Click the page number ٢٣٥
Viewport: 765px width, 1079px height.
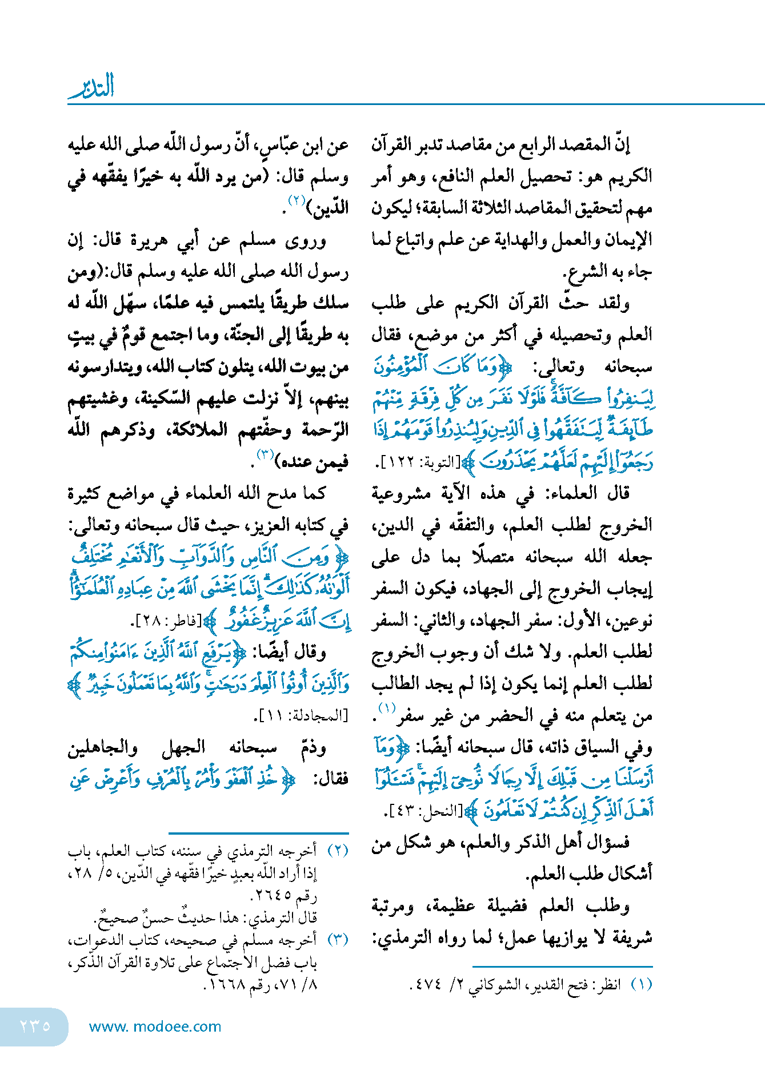click(x=35, y=1026)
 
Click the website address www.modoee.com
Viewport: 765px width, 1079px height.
click(x=155, y=1026)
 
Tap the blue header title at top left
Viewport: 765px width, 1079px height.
click(x=91, y=87)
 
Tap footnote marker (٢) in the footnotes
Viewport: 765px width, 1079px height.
click(x=337, y=850)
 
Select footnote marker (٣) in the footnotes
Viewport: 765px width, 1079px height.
click(x=337, y=939)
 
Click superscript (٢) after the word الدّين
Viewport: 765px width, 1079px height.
click(x=297, y=201)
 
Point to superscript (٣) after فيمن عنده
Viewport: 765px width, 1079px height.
click(x=266, y=455)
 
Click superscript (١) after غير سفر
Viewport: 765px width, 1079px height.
click(x=387, y=708)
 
